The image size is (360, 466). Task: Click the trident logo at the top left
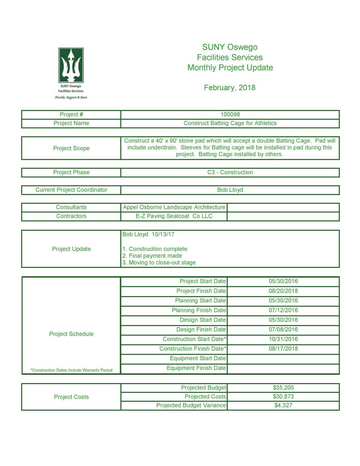[x=71, y=65]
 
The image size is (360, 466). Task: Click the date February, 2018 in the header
[x=229, y=88]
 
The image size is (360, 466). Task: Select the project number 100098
[x=230, y=114]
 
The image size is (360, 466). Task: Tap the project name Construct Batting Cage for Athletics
[x=230, y=123]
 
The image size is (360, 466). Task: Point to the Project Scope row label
[x=71, y=148]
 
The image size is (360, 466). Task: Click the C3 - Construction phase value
[x=230, y=172]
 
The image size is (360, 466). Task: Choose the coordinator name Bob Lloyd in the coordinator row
[x=230, y=190]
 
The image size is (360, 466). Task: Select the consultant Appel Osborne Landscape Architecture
[x=174, y=207]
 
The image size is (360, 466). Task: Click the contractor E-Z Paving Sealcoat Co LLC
[x=174, y=216]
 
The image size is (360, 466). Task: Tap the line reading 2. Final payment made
[x=152, y=256]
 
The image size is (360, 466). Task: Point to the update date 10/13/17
[x=163, y=235]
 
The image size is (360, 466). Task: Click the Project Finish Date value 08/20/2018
[x=283, y=291]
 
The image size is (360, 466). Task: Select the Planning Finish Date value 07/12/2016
[x=283, y=310]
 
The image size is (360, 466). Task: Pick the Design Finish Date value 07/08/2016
[x=283, y=329]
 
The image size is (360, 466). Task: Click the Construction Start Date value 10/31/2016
[x=283, y=339]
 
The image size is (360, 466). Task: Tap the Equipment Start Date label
[x=198, y=358]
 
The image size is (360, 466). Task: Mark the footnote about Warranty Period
[x=71, y=370]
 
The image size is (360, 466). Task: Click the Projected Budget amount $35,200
[x=283, y=388]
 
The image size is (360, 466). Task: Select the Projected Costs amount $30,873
[x=283, y=397]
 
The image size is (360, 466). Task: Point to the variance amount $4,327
[x=283, y=405]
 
